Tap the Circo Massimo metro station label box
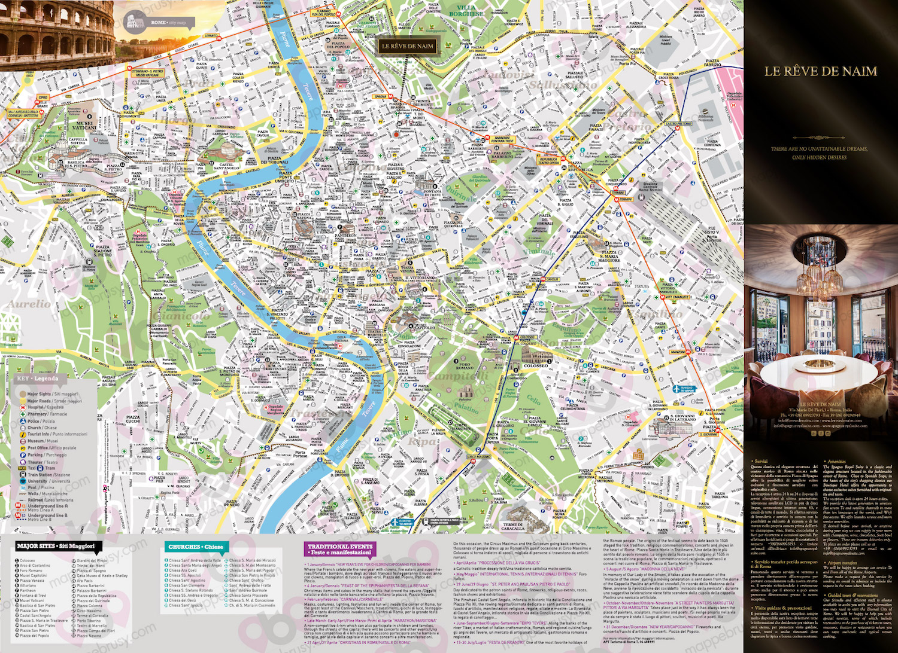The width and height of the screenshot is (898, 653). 479,457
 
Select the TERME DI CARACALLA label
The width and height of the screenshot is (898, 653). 513,527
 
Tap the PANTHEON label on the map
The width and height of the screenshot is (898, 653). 345,236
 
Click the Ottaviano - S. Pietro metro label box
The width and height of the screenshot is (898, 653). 147,73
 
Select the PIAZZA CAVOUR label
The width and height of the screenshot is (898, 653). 263,134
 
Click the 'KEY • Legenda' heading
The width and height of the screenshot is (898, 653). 37,379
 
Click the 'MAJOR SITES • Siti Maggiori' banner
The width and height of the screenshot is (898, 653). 55,546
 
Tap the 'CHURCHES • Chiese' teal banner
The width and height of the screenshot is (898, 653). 195,547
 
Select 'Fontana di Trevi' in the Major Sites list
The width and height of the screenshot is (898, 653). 33,596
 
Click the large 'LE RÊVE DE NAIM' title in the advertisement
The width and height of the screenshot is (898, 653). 820,71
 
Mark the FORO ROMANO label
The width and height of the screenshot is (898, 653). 465,367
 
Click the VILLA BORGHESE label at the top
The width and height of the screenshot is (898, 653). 466,11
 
